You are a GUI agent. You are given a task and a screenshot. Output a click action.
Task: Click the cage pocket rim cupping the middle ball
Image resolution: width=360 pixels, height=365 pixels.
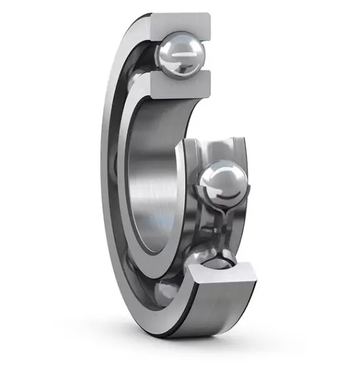pos(199,192)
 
